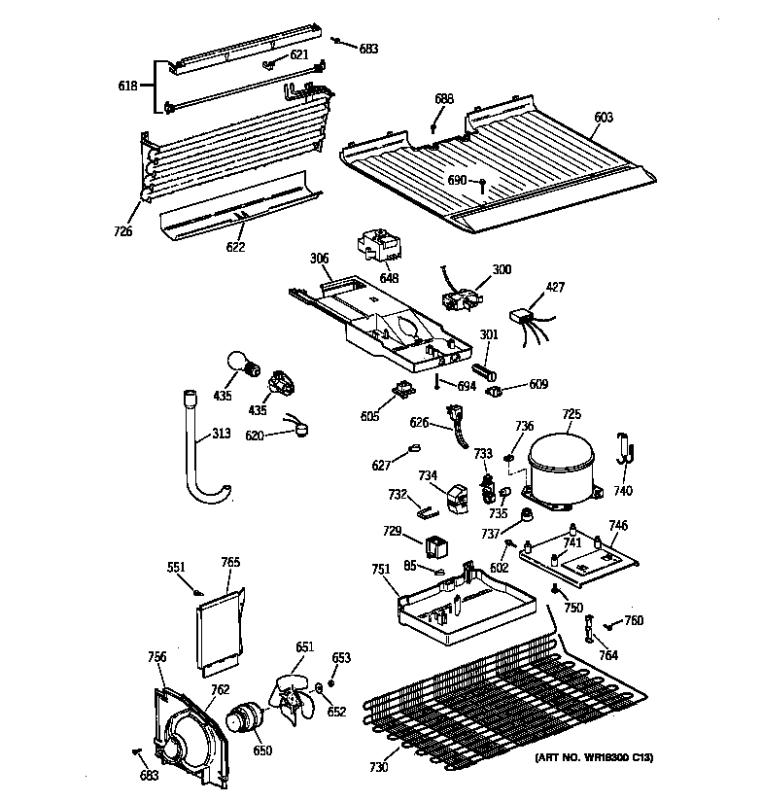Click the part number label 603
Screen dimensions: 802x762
tap(604, 118)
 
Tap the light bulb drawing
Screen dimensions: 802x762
tap(243, 364)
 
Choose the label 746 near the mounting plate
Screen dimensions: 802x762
tap(618, 526)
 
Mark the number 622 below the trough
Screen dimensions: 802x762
tap(235, 247)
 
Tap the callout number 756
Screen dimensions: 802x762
tap(156, 658)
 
